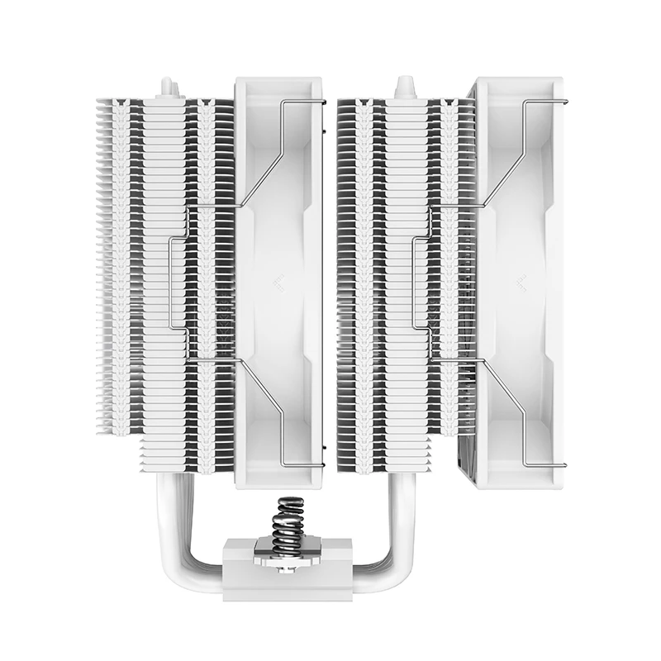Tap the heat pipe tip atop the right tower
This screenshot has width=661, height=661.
point(404,86)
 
